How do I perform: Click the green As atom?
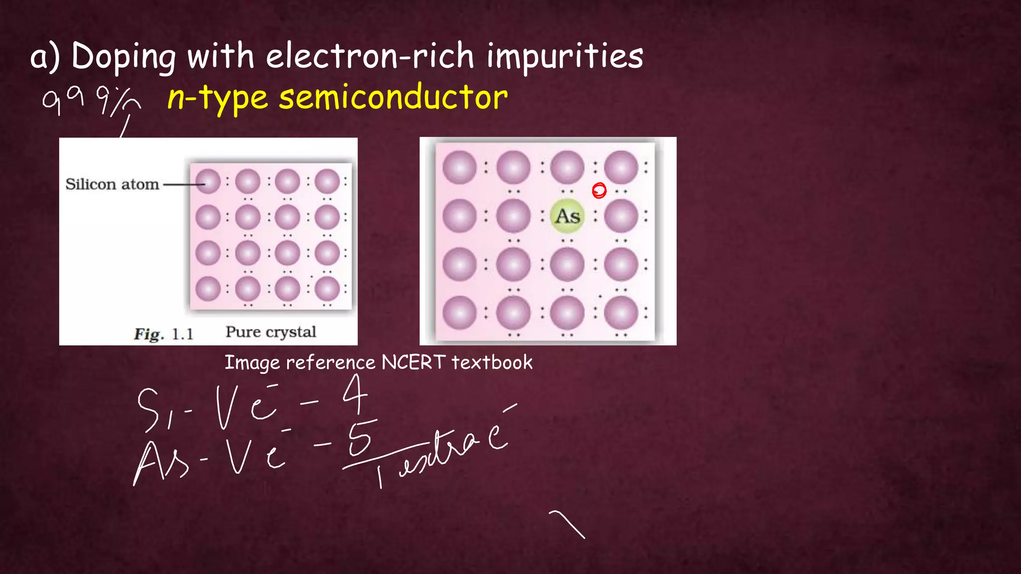[567, 216]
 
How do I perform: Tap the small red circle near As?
[599, 190]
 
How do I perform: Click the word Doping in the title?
[123, 57]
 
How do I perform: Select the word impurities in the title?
[564, 56]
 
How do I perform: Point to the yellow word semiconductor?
[393, 97]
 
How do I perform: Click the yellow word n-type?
[218, 98]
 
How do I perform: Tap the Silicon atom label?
[112, 184]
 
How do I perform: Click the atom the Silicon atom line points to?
[208, 181]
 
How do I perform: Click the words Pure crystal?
[271, 332]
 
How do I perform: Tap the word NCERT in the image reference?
[413, 362]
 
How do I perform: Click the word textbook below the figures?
[492, 362]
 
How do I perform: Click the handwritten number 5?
[360, 437]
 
